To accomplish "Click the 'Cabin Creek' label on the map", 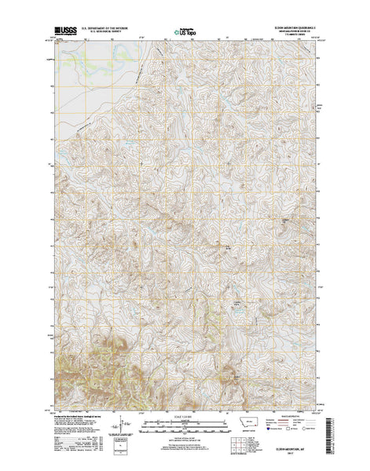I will (x=235, y=302).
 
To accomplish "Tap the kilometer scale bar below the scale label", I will (x=184, y=417).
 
